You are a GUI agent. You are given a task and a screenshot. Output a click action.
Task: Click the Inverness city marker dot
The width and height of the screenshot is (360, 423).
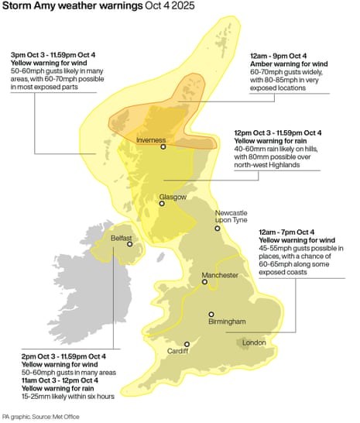[163, 146]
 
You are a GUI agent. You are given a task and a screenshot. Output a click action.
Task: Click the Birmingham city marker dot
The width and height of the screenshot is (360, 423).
[211, 314]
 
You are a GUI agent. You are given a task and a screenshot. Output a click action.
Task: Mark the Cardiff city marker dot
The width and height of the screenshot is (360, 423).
[187, 344]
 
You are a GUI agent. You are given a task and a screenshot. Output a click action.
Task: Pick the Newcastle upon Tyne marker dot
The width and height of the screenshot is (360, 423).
[218, 229]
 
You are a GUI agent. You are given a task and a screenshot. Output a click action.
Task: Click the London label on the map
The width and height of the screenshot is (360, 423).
[254, 342]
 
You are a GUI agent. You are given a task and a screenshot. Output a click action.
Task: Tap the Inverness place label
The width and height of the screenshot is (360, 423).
[151, 139]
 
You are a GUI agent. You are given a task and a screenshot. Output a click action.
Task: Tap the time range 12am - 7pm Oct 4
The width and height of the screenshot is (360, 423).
[286, 232]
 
